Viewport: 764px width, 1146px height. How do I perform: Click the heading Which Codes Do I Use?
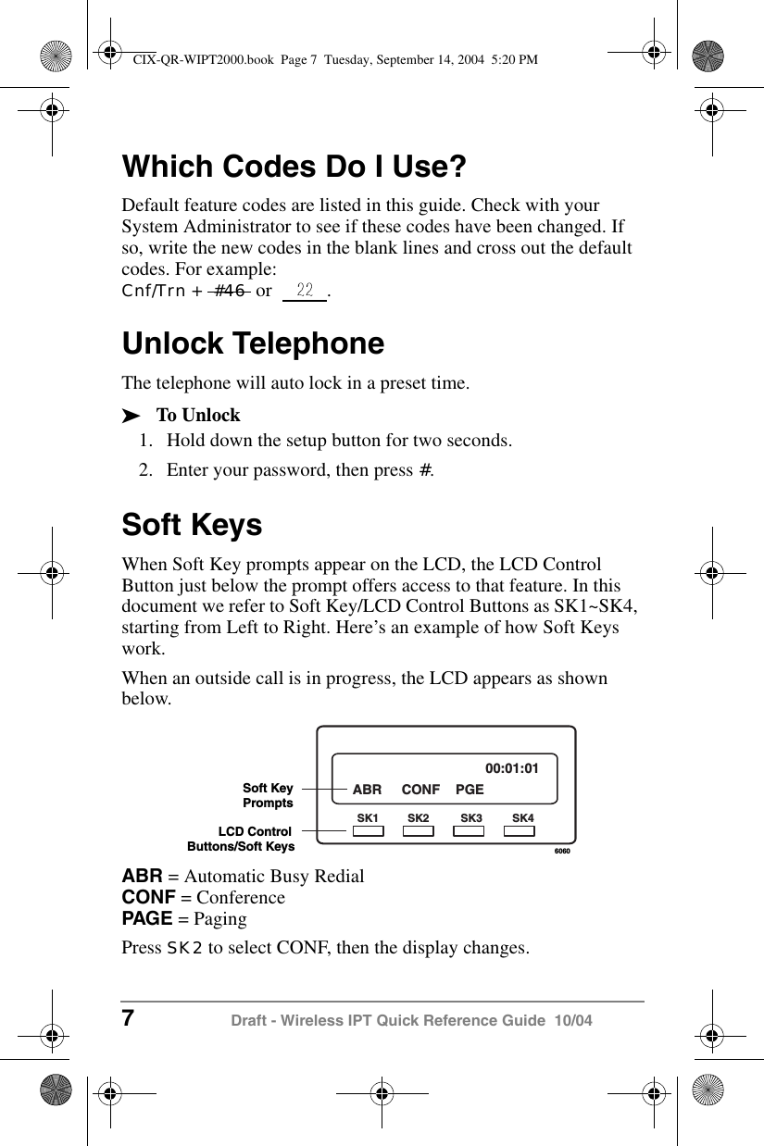click(x=294, y=168)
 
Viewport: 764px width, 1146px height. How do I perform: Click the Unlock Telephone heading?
click(x=253, y=343)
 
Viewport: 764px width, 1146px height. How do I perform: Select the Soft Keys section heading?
click(x=192, y=525)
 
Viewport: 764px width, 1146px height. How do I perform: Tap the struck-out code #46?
click(x=230, y=291)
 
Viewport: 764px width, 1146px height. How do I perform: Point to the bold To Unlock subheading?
click(x=198, y=415)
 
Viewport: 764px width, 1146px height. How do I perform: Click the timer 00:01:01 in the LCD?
click(x=512, y=767)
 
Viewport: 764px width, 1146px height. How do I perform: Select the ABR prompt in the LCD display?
click(x=367, y=790)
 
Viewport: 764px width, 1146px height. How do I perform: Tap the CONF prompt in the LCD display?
click(x=420, y=790)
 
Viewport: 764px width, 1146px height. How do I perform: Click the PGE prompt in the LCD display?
click(x=470, y=790)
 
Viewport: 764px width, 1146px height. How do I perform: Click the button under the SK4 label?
click(x=522, y=831)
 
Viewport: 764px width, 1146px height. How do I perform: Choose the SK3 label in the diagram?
click(x=471, y=818)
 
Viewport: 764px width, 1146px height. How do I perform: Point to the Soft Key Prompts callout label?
click(x=268, y=795)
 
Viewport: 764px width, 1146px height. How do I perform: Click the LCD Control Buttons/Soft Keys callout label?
click(x=242, y=839)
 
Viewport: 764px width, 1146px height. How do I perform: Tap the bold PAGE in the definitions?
click(x=147, y=918)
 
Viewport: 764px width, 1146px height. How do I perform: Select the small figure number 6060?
click(x=560, y=849)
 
